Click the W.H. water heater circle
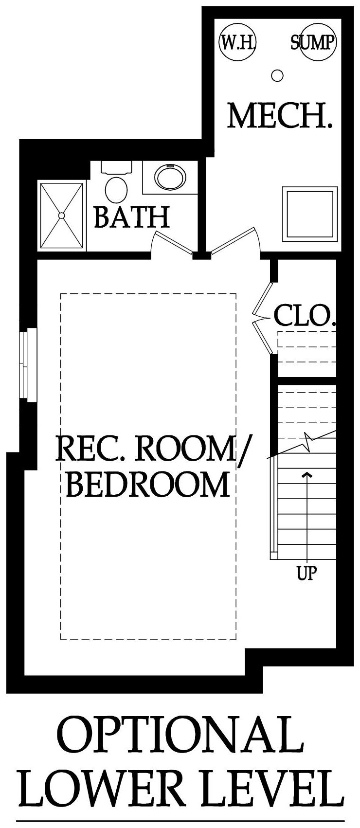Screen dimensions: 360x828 [x=237, y=41]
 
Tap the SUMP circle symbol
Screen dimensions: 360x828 [x=318, y=41]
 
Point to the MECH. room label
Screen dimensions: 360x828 [x=279, y=116]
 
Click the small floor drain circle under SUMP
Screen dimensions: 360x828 [x=277, y=76]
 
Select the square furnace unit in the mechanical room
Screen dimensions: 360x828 [x=310, y=215]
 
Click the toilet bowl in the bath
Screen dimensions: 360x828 [x=116, y=189]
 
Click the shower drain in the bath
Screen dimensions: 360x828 [x=62, y=215]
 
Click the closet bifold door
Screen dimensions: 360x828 [x=263, y=319]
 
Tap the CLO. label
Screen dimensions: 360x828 [x=305, y=316]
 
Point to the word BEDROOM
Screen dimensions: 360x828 [x=147, y=485]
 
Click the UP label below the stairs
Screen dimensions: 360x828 [x=307, y=573]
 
